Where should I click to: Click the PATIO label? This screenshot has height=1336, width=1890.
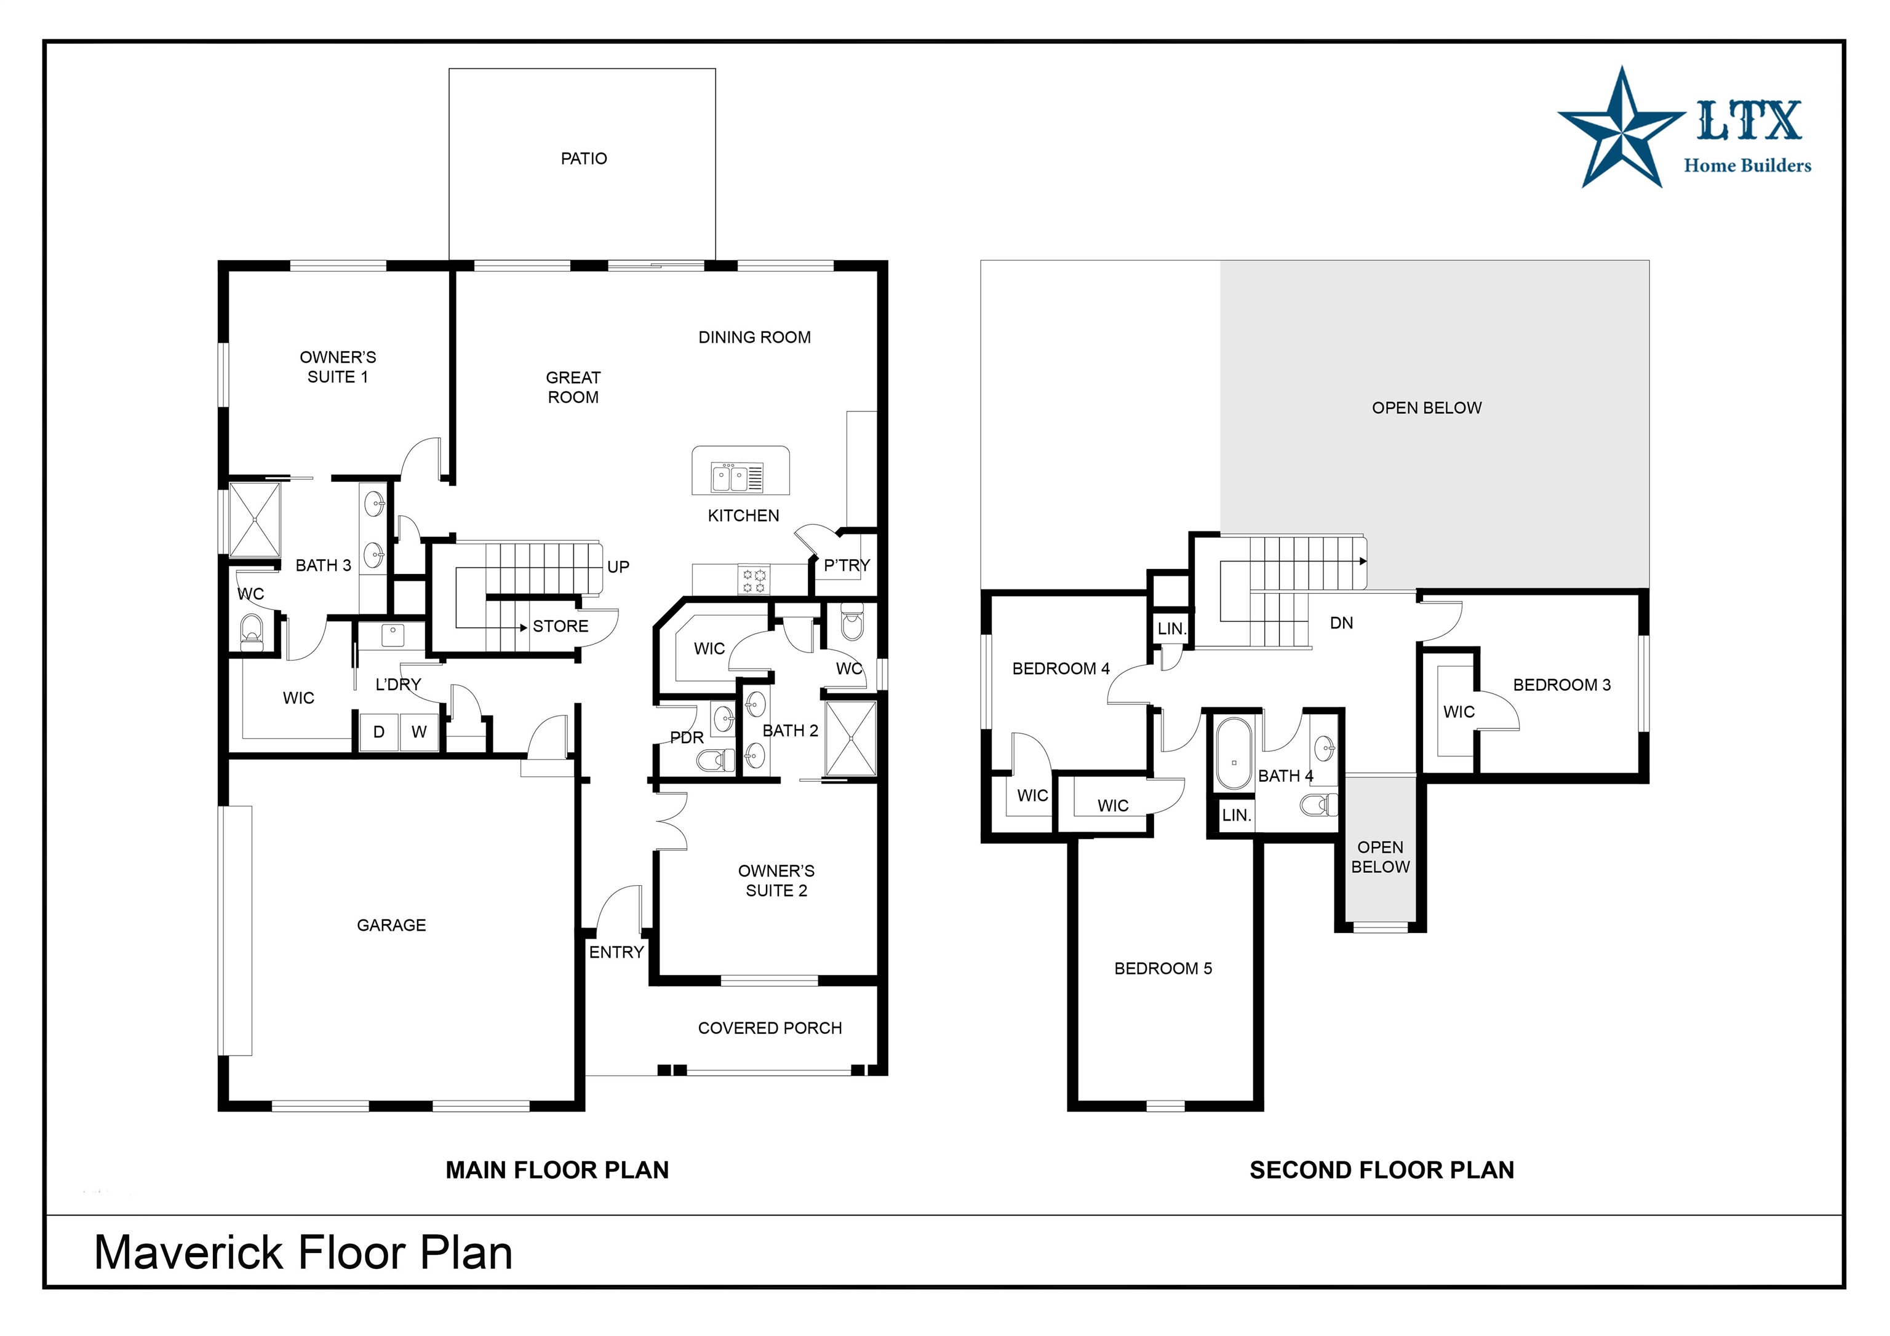[x=584, y=158]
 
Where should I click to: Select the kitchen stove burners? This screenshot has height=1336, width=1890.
[x=754, y=580]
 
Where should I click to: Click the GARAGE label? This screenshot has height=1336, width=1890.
[x=391, y=925]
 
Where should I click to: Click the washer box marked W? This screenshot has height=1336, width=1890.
[x=420, y=732]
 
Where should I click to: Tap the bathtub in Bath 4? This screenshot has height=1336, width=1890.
[x=1233, y=754]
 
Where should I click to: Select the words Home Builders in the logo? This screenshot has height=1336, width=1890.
[x=1748, y=165]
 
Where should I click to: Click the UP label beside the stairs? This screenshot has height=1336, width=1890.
[x=618, y=567]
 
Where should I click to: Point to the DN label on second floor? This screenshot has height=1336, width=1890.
[x=1342, y=623]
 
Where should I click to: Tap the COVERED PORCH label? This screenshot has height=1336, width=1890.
[x=770, y=1028]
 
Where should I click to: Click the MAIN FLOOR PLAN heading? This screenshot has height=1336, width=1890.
[x=557, y=1170]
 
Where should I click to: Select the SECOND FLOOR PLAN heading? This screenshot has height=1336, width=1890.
[x=1382, y=1170]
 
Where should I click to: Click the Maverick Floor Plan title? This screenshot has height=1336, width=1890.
[x=303, y=1253]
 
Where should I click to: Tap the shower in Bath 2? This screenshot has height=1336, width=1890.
[x=850, y=738]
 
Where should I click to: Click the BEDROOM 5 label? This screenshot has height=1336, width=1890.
[x=1163, y=968]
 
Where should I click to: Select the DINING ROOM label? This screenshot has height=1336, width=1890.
[x=755, y=338]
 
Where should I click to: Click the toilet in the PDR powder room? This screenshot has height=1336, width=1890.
[x=716, y=760]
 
